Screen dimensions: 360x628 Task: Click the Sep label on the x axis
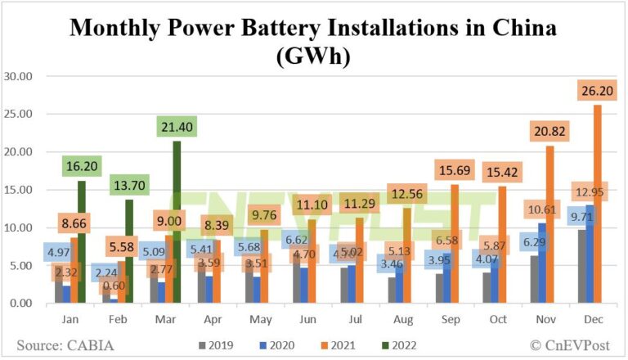point(460,320)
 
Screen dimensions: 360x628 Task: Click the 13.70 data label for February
point(128,184)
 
